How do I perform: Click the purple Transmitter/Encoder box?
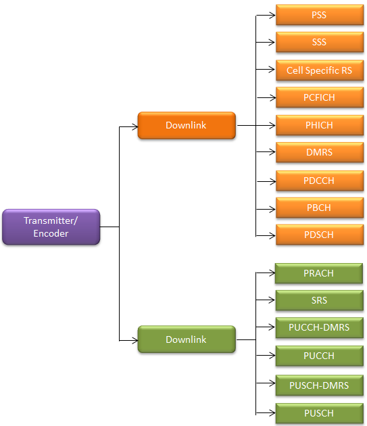pyautogui.click(x=51, y=227)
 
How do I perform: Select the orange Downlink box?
pyautogui.click(x=187, y=125)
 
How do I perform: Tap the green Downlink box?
pyautogui.click(x=187, y=339)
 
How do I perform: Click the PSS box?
pyautogui.click(x=320, y=15)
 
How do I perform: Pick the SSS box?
pyautogui.click(x=320, y=42)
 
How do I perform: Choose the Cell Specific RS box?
pyautogui.click(x=320, y=70)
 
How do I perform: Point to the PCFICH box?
pyautogui.click(x=320, y=97)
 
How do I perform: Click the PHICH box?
pyautogui.click(x=320, y=125)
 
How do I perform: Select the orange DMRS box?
pyautogui.click(x=320, y=152)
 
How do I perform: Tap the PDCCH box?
pyautogui.click(x=320, y=181)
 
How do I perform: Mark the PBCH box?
pyautogui.click(x=320, y=208)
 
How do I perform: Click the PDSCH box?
pyautogui.click(x=320, y=235)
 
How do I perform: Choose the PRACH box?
pyautogui.click(x=319, y=273)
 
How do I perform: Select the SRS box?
pyautogui.click(x=320, y=300)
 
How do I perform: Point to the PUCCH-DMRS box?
pyautogui.click(x=320, y=328)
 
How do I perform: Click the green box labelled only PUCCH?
pyautogui.click(x=320, y=356)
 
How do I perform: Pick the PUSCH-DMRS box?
pyautogui.click(x=320, y=385)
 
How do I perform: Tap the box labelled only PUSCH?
pyautogui.click(x=320, y=414)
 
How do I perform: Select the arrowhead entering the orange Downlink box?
pyautogui.click(x=135, y=126)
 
